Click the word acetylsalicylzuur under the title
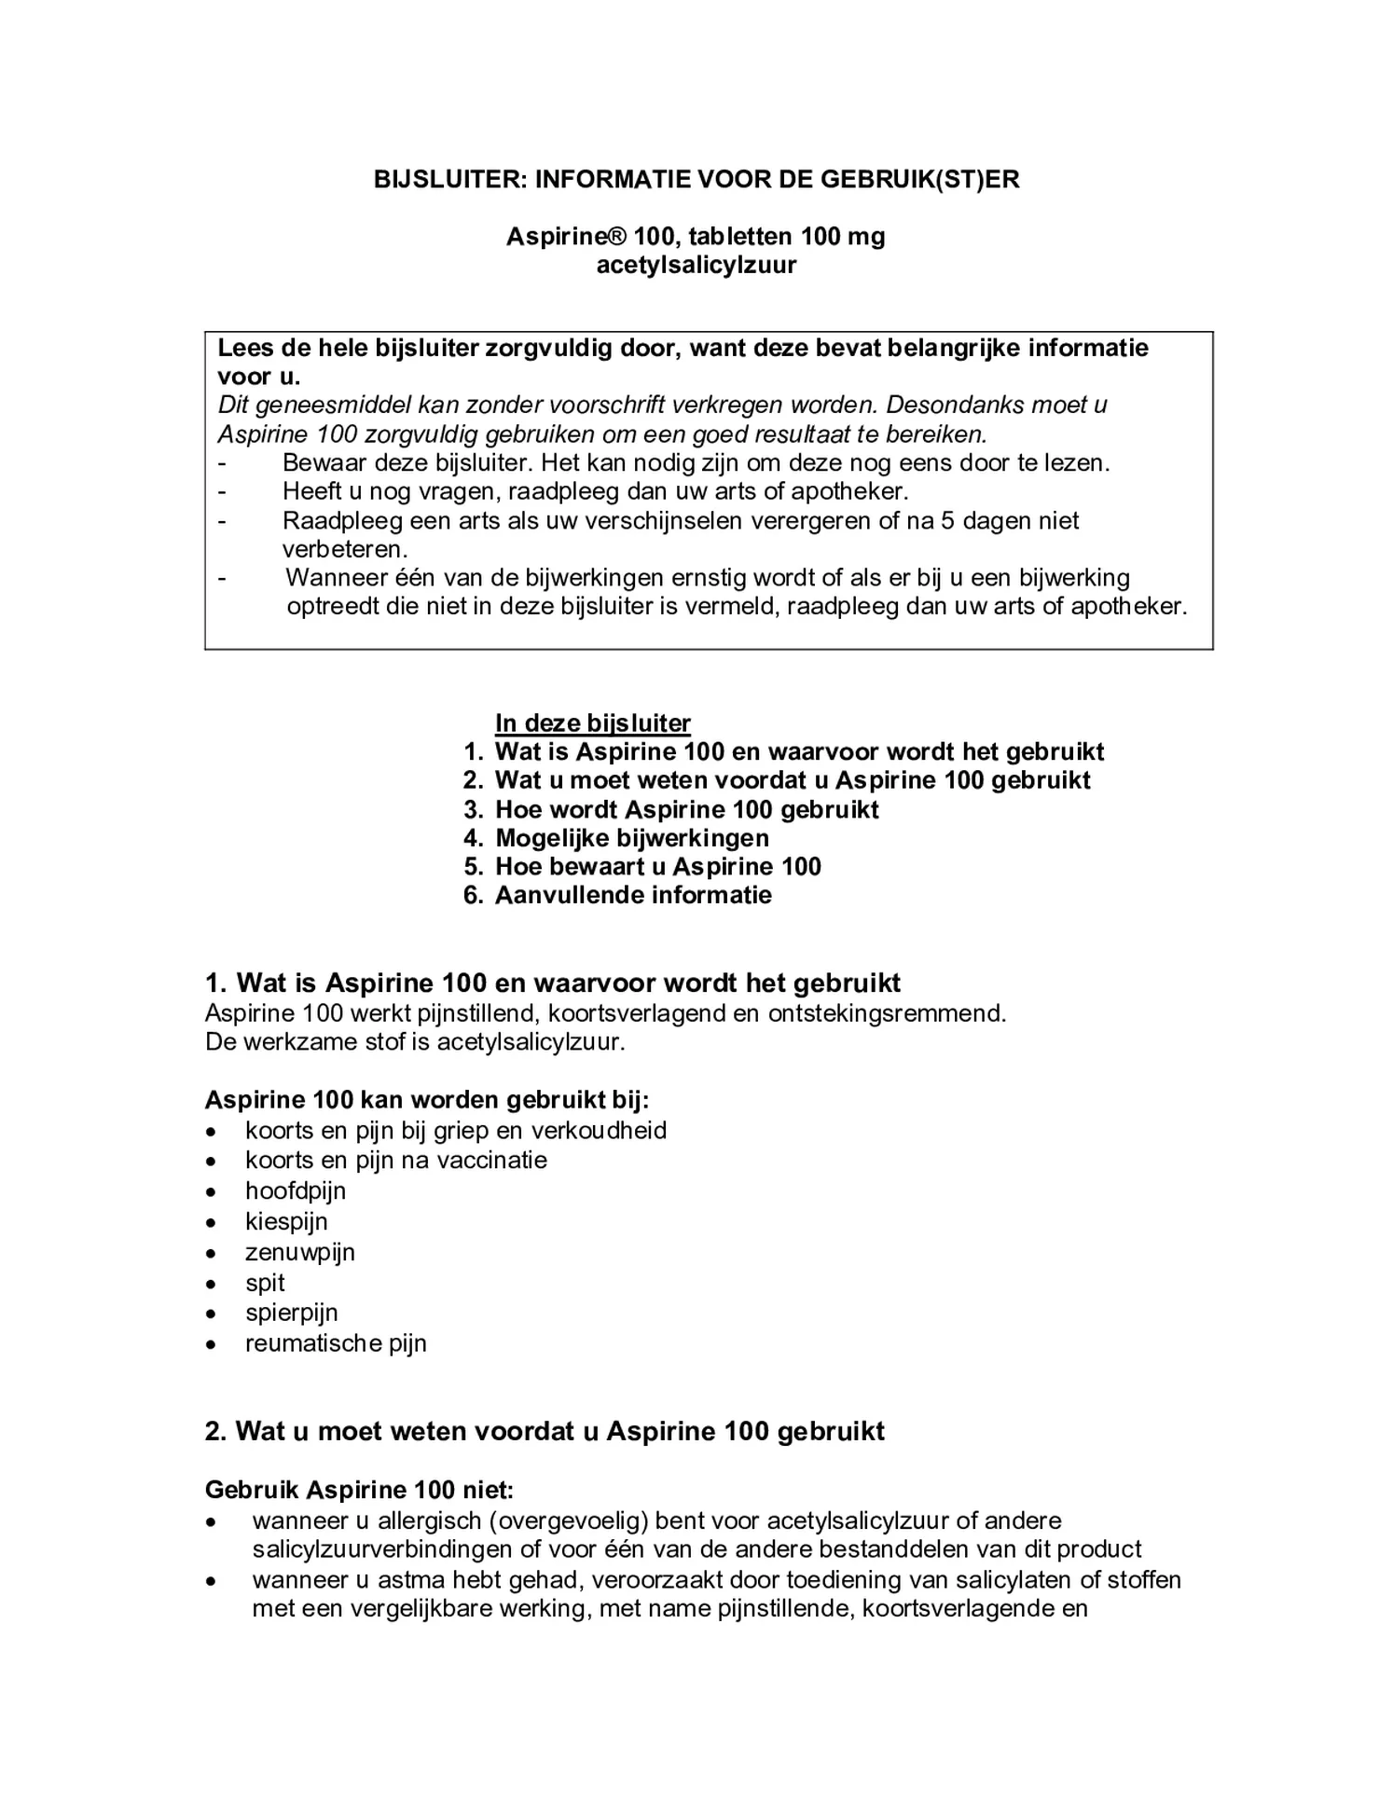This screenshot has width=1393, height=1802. (696, 266)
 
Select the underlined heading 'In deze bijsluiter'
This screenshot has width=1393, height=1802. (592, 723)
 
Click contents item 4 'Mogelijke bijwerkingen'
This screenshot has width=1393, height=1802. (631, 838)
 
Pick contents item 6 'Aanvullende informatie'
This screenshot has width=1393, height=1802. (633, 896)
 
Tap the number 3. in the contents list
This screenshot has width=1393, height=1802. (473, 810)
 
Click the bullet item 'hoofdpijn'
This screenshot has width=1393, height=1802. (296, 1191)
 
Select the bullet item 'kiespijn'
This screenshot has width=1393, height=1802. (286, 1222)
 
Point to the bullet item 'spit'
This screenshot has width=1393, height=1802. (265, 1284)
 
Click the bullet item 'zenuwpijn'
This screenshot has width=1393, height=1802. (300, 1253)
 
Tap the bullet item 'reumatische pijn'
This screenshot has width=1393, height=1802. (336, 1344)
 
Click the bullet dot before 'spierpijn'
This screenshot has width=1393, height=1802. (213, 1314)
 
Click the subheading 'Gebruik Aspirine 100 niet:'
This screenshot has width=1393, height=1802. (359, 1491)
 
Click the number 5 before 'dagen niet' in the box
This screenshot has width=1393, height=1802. (946, 521)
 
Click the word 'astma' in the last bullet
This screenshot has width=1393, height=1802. (412, 1581)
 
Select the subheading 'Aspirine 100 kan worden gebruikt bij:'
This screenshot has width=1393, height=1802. (427, 1100)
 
